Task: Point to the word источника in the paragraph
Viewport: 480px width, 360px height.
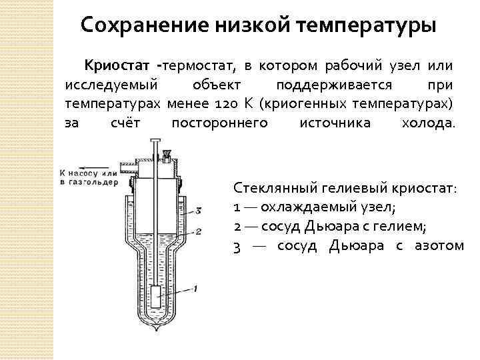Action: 333,123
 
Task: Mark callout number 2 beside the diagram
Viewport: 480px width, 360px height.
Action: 198,231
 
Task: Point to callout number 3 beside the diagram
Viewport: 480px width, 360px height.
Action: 198,211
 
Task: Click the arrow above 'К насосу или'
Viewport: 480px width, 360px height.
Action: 79,169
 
